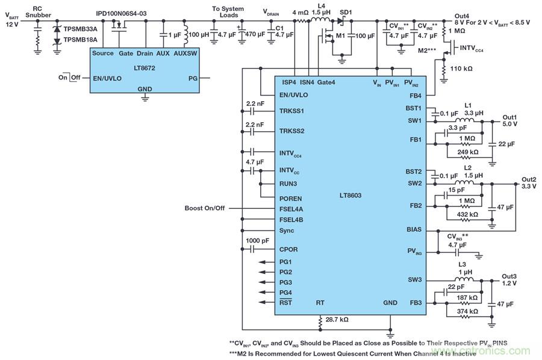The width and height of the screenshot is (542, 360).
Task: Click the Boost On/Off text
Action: [205, 208]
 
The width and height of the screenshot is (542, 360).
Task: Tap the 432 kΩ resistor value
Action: [466, 214]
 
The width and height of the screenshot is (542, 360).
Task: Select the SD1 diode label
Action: [346, 12]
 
